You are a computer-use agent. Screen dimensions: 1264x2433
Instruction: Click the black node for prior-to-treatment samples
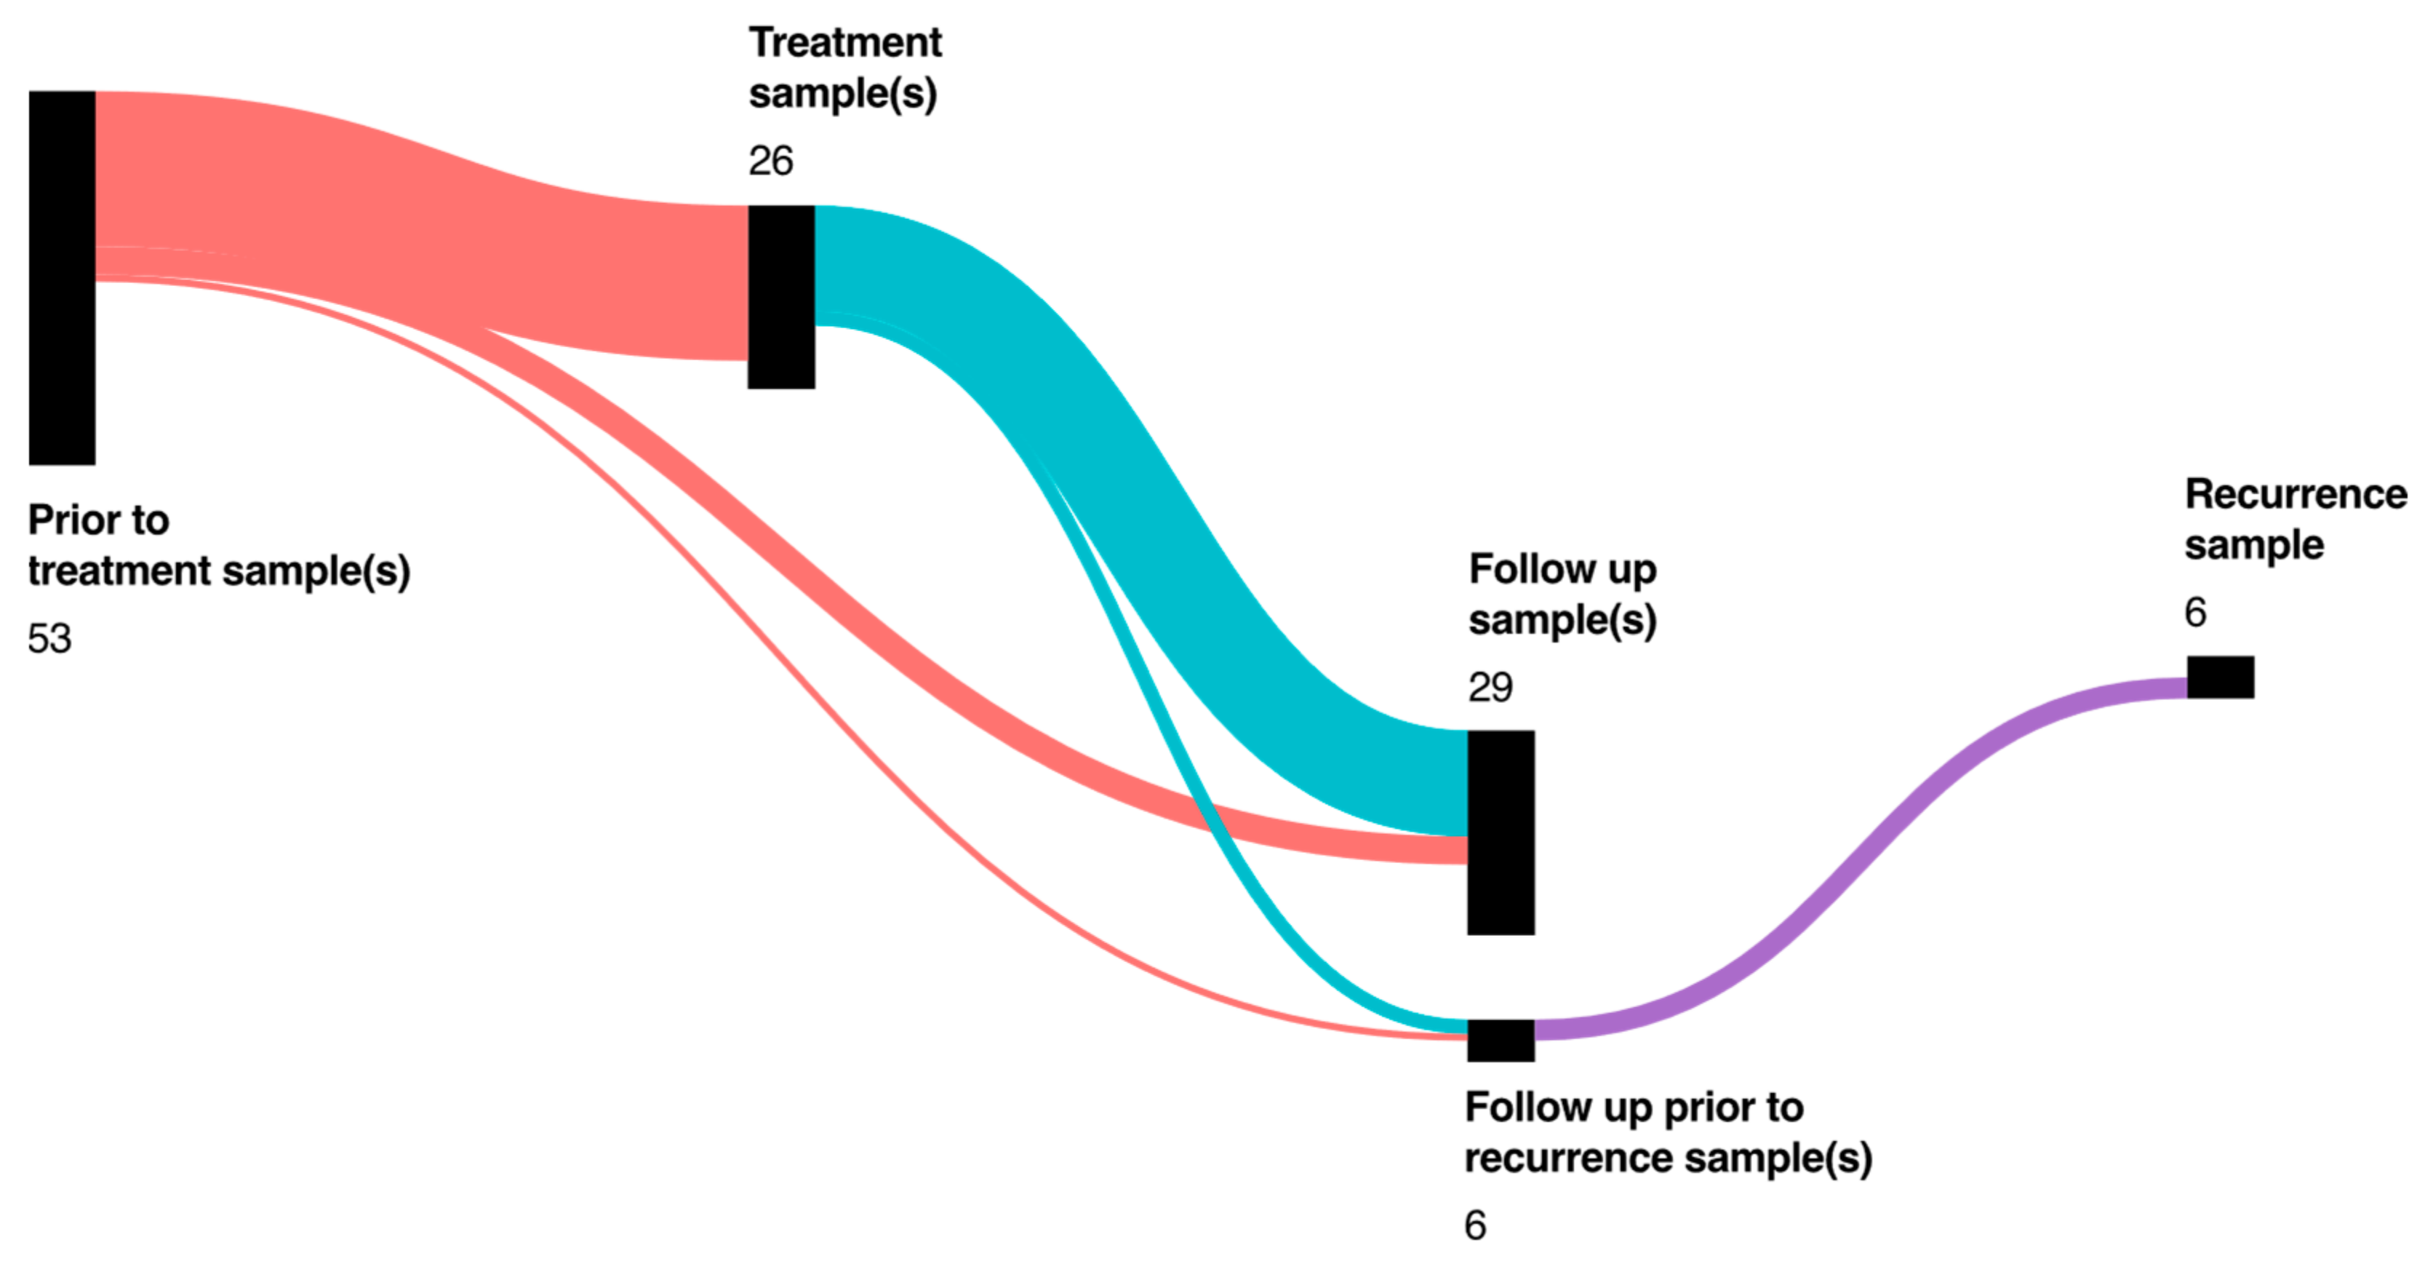[x=61, y=278]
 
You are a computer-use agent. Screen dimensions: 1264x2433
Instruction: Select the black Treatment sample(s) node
[x=781, y=297]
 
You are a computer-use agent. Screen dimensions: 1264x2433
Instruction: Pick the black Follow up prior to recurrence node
[x=1500, y=1040]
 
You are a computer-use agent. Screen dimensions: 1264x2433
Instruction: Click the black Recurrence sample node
[x=2220, y=677]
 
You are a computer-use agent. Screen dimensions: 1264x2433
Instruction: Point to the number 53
[x=49, y=640]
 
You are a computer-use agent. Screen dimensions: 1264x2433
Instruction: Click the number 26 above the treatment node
[x=771, y=162]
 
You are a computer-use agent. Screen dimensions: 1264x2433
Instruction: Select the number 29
[x=1490, y=688]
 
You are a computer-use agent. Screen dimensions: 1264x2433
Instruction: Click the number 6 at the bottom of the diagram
[x=1474, y=1226]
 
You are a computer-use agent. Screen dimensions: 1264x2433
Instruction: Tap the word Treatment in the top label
[x=845, y=42]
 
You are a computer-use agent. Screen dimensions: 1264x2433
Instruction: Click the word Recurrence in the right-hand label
[x=2295, y=494]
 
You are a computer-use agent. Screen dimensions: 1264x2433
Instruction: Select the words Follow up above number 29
[x=1562, y=570]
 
